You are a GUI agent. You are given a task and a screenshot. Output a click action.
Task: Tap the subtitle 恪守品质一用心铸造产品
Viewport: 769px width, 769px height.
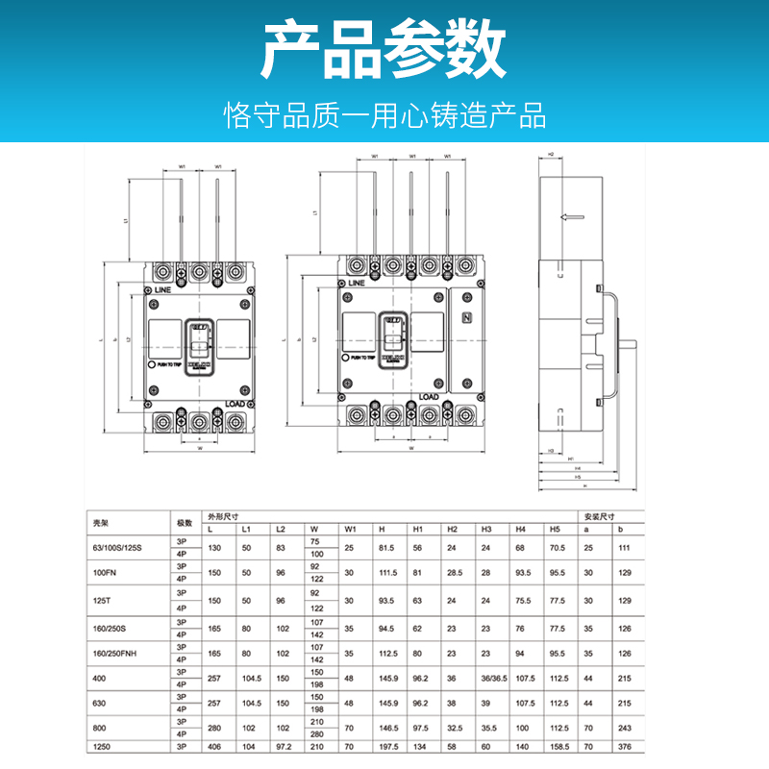(384, 115)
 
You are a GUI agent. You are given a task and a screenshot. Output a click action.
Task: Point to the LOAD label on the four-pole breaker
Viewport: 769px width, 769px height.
(429, 396)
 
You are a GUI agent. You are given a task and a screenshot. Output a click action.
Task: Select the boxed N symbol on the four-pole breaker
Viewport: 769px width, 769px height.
(468, 319)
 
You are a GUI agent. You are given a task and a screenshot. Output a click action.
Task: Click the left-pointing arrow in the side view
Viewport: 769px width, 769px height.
(572, 216)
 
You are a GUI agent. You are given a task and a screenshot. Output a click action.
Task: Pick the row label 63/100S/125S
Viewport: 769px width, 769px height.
(115, 548)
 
